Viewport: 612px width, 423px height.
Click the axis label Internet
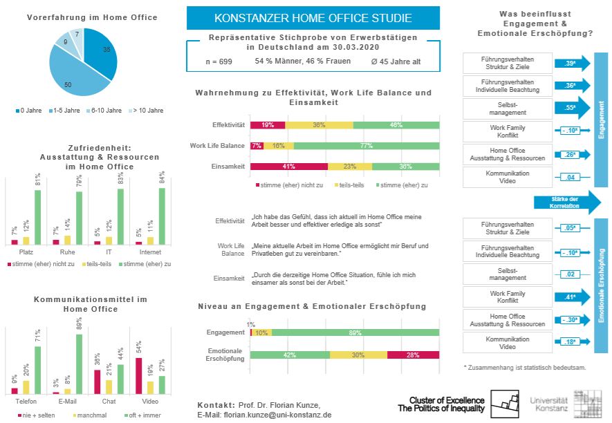[150, 252]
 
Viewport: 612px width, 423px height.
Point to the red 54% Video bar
[139, 376]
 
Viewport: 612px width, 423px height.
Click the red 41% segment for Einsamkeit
[288, 167]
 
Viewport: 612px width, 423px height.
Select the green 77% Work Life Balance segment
[367, 146]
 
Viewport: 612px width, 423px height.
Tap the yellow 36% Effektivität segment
[319, 125]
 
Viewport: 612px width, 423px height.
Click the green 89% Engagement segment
[355, 332]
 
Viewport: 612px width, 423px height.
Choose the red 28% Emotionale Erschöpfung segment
[413, 355]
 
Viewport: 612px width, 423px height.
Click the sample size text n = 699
[219, 62]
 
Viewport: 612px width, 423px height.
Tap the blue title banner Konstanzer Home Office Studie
[313, 18]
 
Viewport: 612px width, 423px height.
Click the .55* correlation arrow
[573, 109]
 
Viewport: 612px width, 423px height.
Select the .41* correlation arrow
[573, 298]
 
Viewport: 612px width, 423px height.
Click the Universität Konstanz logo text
[550, 405]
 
